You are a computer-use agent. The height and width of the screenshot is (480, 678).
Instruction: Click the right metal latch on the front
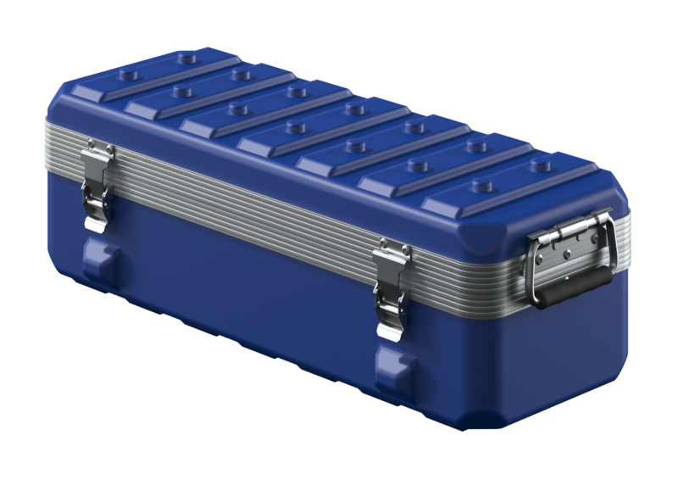[x=392, y=288]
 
